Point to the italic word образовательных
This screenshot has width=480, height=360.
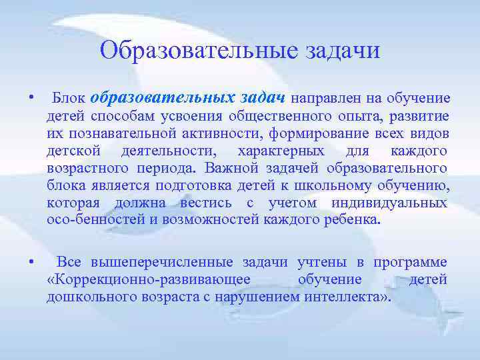(x=161, y=98)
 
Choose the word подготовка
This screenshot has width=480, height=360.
(x=205, y=185)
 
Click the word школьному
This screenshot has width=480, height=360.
(x=354, y=185)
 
